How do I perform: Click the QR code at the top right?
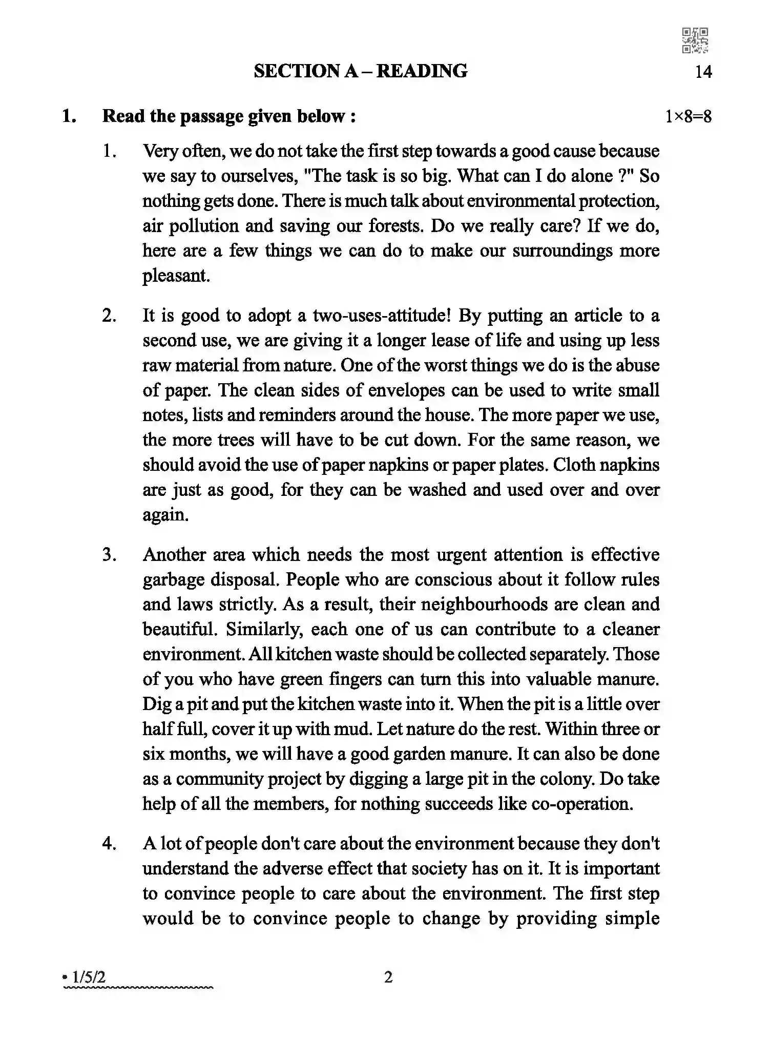tap(695, 40)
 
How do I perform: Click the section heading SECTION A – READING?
tap(360, 71)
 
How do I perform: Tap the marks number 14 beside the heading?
tap(703, 72)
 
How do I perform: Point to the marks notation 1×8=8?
tap(688, 117)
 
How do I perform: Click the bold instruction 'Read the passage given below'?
tap(228, 116)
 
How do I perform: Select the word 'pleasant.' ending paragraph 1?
tap(176, 276)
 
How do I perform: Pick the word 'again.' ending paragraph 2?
tap(165, 515)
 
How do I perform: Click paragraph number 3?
tap(109, 555)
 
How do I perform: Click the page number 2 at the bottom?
tap(388, 977)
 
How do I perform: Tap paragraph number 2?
tap(109, 316)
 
